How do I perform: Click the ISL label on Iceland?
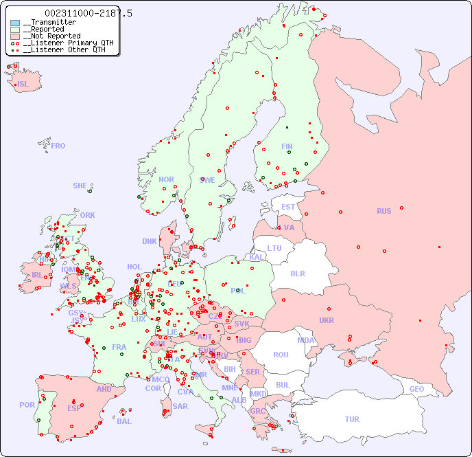click(x=23, y=85)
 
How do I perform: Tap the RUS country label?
click(x=383, y=211)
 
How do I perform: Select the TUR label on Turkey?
click(x=352, y=419)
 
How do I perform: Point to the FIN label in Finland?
click(x=287, y=146)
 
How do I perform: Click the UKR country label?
click(x=327, y=320)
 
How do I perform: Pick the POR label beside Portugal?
click(x=27, y=405)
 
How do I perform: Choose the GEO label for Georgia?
click(x=416, y=389)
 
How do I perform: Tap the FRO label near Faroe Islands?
click(x=58, y=146)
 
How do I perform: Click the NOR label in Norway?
click(x=166, y=179)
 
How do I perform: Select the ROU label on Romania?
click(x=281, y=355)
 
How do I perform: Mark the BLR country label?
click(x=298, y=273)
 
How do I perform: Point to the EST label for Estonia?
click(x=288, y=207)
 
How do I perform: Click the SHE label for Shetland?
click(x=80, y=186)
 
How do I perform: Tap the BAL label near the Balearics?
click(x=124, y=421)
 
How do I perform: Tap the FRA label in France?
click(x=119, y=347)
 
